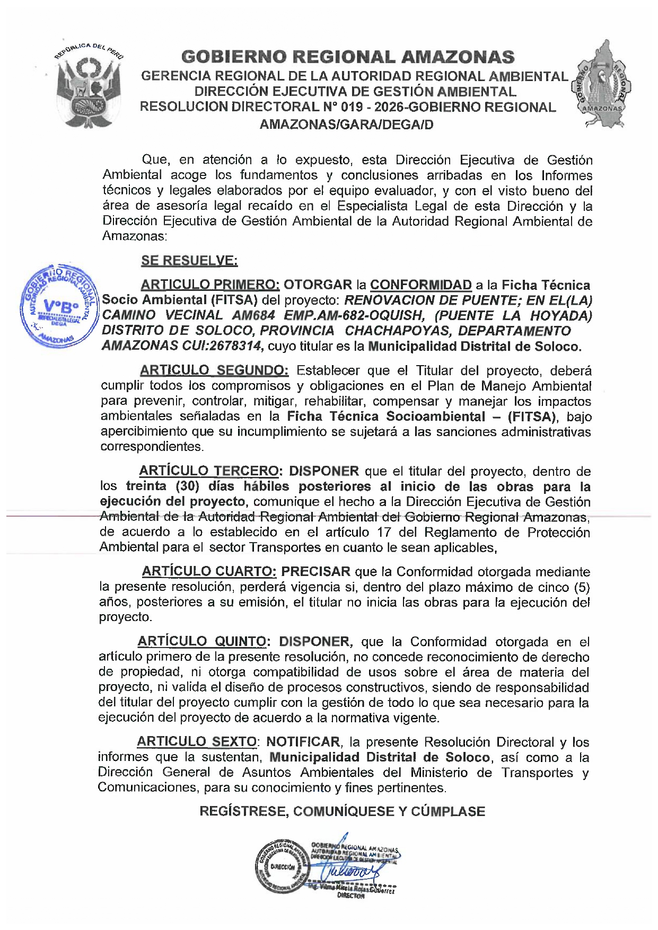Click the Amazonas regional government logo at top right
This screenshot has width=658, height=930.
point(601,85)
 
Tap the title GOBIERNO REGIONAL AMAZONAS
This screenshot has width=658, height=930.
point(347,57)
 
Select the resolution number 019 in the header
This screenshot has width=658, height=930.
point(352,107)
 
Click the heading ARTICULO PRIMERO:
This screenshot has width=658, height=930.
point(210,285)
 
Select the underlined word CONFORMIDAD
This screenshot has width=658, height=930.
point(420,285)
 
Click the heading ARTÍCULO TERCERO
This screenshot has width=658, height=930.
point(209,471)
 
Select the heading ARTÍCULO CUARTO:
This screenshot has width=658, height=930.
point(209,571)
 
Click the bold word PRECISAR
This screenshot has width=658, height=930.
point(315,571)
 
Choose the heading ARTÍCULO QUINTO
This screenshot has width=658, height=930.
point(201,641)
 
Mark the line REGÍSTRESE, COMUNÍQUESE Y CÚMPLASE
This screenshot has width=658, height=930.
point(342,811)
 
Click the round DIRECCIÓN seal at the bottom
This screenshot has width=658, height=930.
point(282,867)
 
